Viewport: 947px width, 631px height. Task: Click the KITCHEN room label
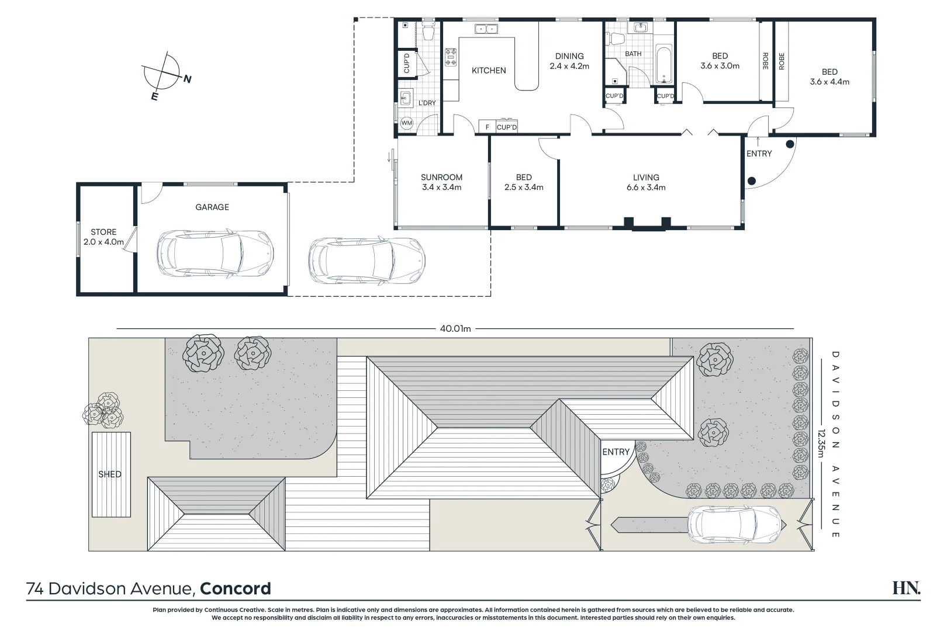tap(489, 71)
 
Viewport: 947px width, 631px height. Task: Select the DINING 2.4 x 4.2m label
tap(569, 61)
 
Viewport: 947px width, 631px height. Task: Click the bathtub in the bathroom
tap(664, 64)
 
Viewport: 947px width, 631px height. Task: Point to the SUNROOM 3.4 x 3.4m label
tap(441, 182)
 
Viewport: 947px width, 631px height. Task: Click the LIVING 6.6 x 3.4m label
tap(646, 182)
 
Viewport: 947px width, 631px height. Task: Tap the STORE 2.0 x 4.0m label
tap(103, 237)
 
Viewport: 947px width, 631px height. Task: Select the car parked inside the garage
tap(216, 253)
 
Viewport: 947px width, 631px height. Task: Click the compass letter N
tap(187, 79)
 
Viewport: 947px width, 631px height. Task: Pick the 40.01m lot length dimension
tap(455, 329)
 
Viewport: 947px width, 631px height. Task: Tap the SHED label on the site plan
tap(110, 474)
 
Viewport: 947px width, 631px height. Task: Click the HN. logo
tap(905, 588)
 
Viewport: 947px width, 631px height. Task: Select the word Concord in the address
tap(235, 588)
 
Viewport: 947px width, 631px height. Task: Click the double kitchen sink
tap(486, 28)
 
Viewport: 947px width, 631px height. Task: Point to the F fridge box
tap(487, 127)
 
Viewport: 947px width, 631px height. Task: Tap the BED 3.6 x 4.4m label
tap(830, 77)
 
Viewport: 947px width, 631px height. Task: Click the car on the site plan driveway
tap(736, 523)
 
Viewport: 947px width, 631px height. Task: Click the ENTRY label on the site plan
tap(616, 452)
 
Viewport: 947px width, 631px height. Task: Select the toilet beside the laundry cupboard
tap(428, 32)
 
